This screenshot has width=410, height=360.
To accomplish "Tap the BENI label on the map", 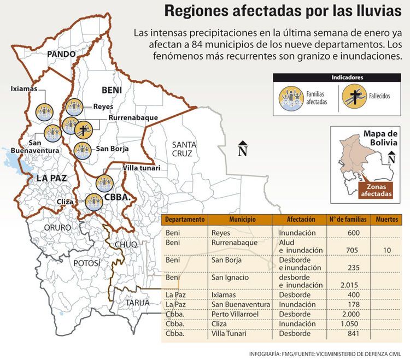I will pyautogui.click(x=110, y=89).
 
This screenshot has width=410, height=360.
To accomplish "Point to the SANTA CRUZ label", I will pyautogui.click(x=181, y=149).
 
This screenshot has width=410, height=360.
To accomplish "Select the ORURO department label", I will pyautogui.click(x=58, y=227).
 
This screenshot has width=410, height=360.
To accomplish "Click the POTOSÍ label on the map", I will pyautogui.click(x=87, y=263).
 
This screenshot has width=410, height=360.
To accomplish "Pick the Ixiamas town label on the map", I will pyautogui.click(x=24, y=88).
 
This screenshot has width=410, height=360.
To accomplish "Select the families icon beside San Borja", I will pyautogui.click(x=82, y=150).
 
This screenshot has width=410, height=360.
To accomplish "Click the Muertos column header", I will pyautogui.click(x=387, y=220).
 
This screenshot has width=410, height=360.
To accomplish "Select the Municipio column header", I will pyautogui.click(x=242, y=220).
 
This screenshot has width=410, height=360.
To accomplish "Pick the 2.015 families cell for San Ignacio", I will pyautogui.click(x=348, y=285).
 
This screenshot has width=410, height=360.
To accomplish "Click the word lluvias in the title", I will pyautogui.click(x=369, y=11).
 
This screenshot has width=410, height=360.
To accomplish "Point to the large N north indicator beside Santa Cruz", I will pyautogui.click(x=243, y=150).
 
